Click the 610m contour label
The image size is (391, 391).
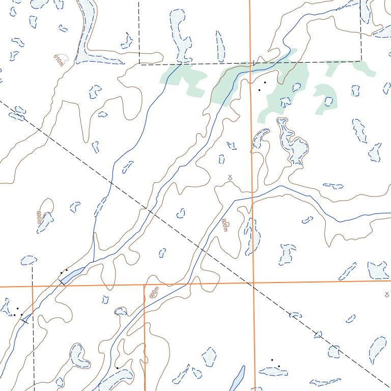pos(60,61)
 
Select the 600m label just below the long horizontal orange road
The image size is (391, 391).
pos(154,292)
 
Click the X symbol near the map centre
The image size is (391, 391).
pos(230,177)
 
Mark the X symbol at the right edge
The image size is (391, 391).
pos(387,294)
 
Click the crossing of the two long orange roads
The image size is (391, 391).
pos(253,283)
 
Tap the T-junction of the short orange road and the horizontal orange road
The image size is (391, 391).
pos(144,285)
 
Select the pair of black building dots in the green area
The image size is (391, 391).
pos(262,86)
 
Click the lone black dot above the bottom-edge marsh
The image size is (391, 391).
pos(117,367)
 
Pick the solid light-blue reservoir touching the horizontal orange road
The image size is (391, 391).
pos(72,275)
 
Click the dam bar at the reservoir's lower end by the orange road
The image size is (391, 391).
pos(62,281)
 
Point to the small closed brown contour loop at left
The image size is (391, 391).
pos(47,206)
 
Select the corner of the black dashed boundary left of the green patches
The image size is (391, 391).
pos(139,64)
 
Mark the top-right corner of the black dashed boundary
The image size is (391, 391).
pos(361,61)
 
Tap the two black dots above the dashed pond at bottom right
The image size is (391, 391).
pos(275,363)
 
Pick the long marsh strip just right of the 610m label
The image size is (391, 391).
pos(86,31)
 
